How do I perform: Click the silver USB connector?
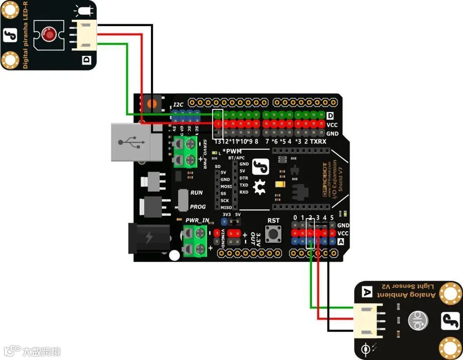pyautogui.click(x=136, y=142)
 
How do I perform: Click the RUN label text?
pyautogui.click(x=197, y=193)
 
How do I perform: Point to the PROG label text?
pyautogui.click(x=198, y=207)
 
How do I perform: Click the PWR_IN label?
pyautogui.click(x=197, y=221)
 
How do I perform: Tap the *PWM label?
pyautogui.click(x=232, y=151)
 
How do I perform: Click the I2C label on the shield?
pyautogui.click(x=179, y=105)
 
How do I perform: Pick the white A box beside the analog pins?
pyautogui.click(x=341, y=242)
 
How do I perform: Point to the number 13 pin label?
pyautogui.click(x=218, y=142)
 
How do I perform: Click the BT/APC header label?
pyautogui.click(x=236, y=158)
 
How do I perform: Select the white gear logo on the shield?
pyautogui.click(x=259, y=187)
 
